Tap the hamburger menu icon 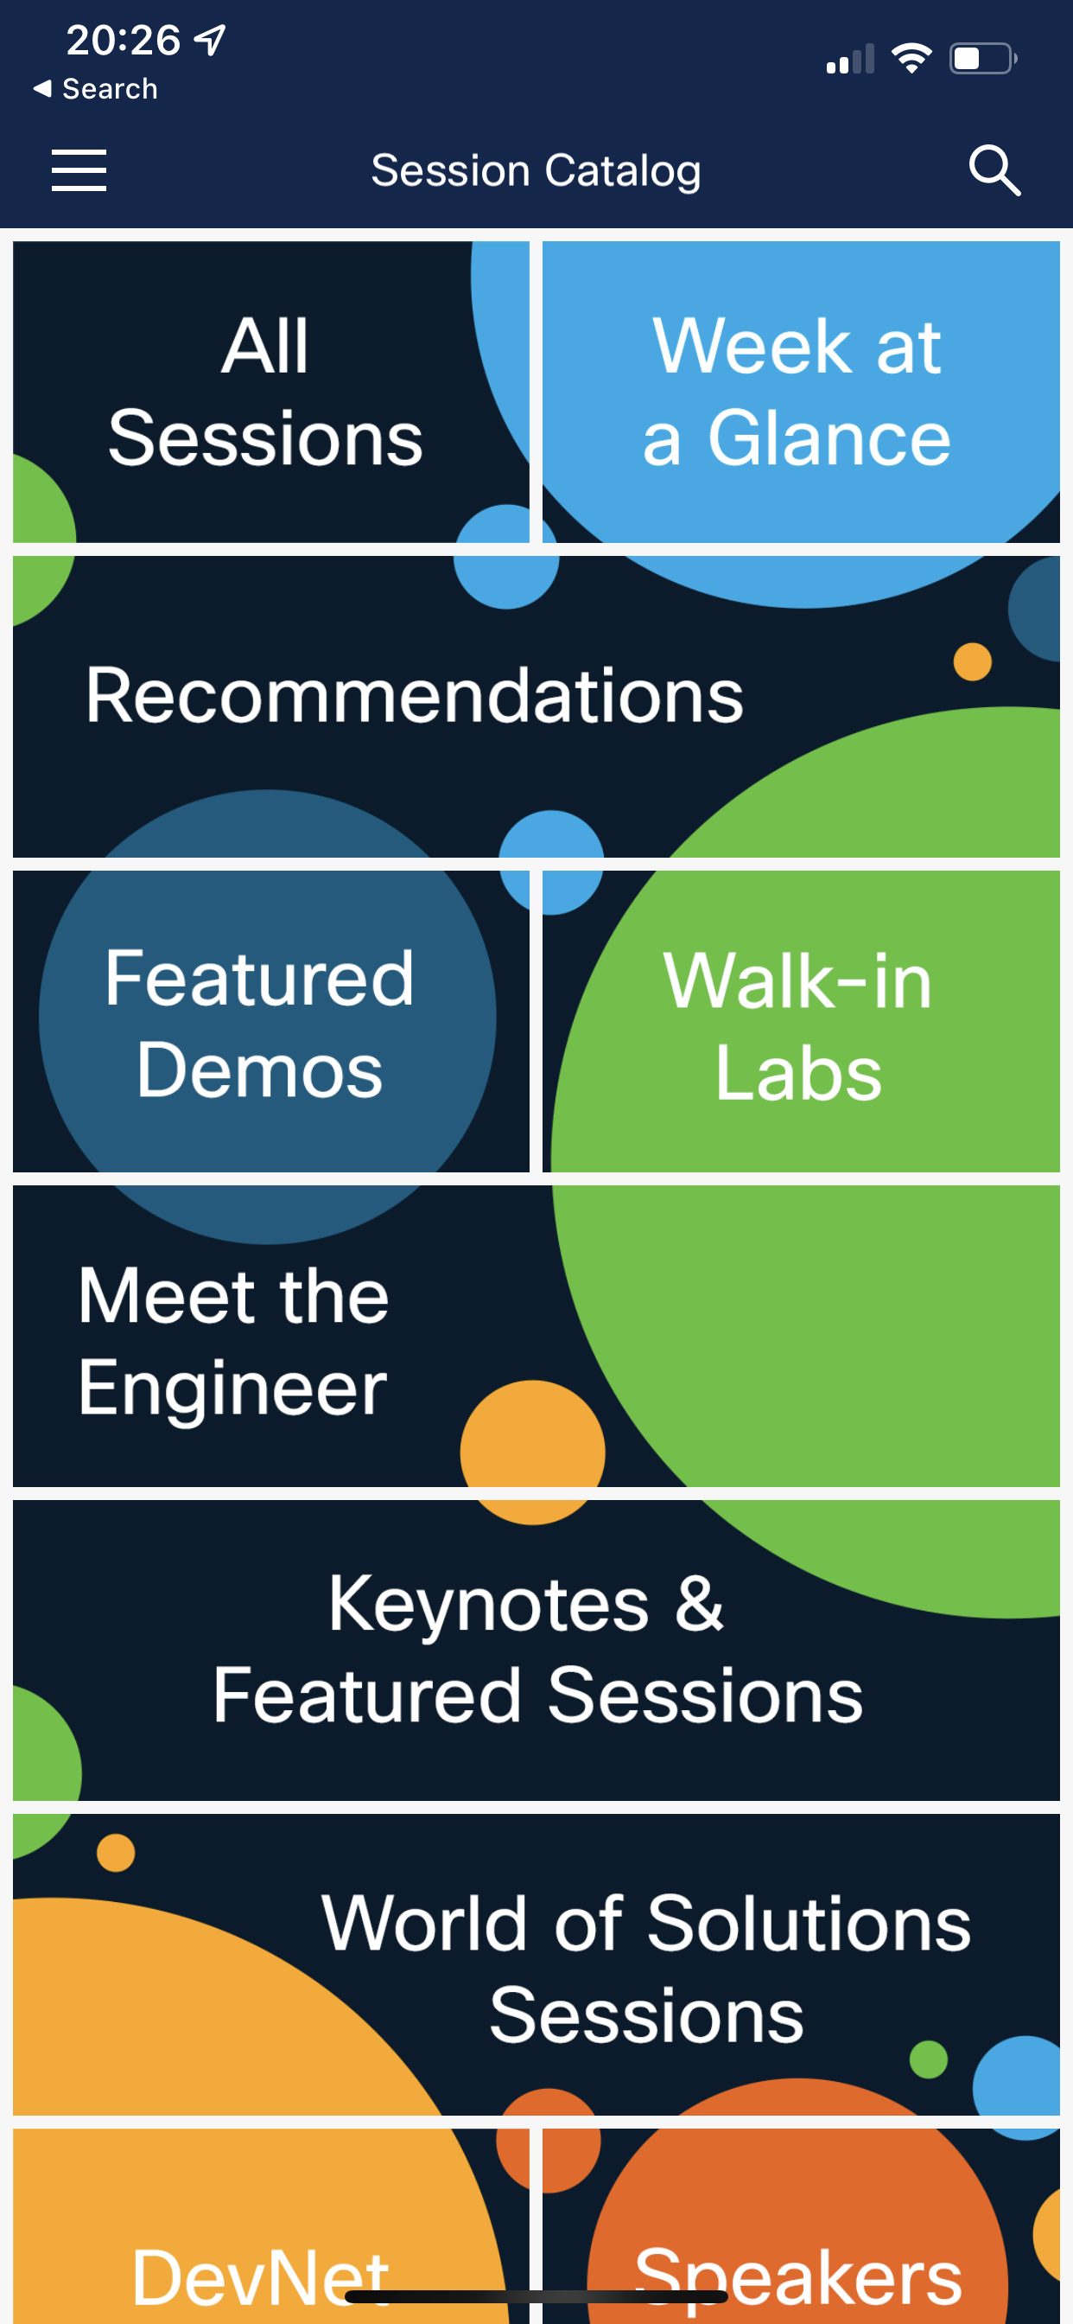[79, 170]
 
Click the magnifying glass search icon [994, 169]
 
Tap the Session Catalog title [536, 170]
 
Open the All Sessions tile [270, 392]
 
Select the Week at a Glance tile [801, 392]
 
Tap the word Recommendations [415, 696]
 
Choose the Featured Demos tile [270, 1021]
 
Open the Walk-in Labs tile [801, 1021]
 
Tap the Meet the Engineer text [233, 1341]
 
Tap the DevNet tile [270, 2225]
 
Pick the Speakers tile [801, 2225]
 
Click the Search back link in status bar [96, 88]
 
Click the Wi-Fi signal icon [911, 59]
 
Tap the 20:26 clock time [124, 40]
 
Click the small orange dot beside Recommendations [973, 661]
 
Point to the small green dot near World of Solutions [929, 2059]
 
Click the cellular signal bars [850, 59]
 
